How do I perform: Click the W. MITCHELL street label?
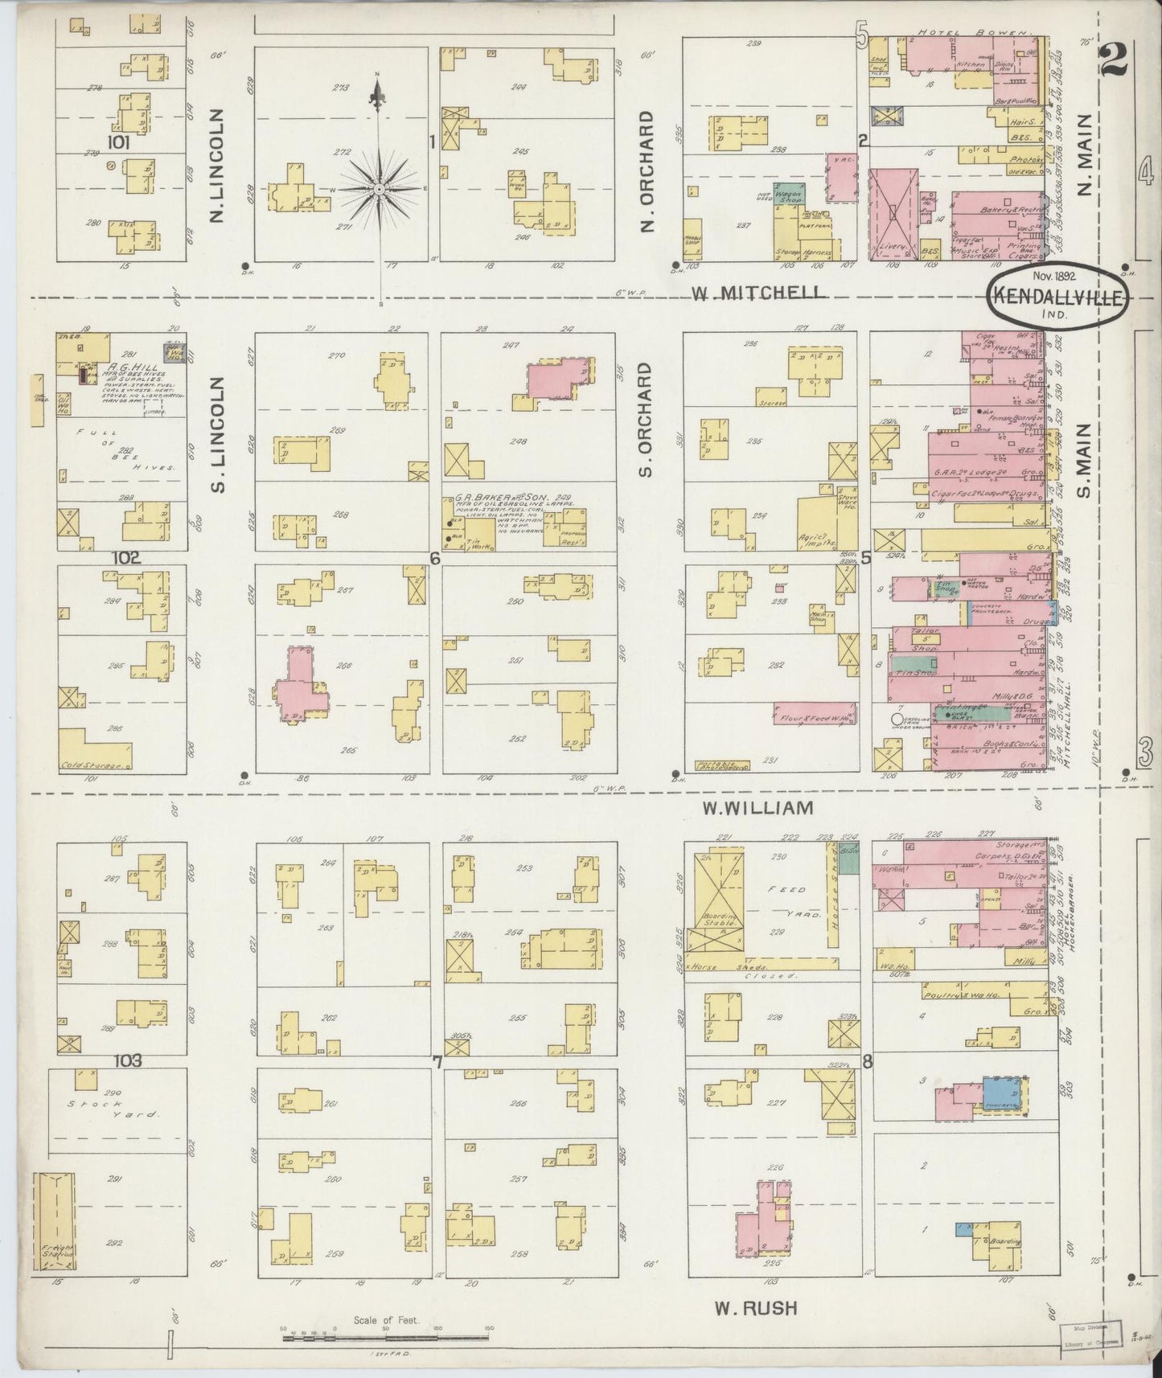[x=758, y=293]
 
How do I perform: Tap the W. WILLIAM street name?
[x=758, y=807]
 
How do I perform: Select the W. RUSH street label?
[x=756, y=1309]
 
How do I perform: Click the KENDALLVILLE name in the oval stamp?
[x=1057, y=296]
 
